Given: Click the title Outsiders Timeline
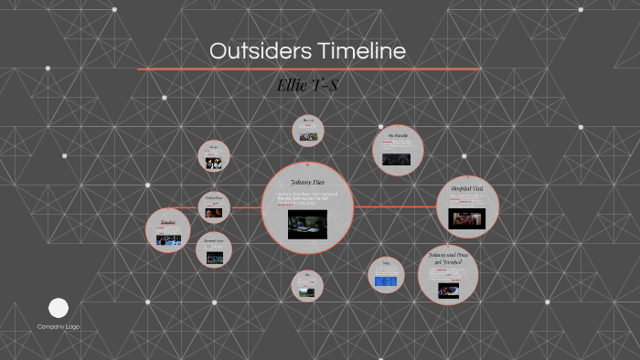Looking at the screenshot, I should pos(307,51).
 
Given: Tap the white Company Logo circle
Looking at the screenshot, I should pos(59,308).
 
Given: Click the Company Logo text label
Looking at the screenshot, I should pos(59,326).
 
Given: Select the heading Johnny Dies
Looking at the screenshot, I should pos(307,183).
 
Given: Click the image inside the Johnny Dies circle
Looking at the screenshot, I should pos(307,225).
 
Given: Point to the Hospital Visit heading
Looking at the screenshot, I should pos(467,187).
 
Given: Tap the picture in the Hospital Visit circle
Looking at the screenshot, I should pos(467,218).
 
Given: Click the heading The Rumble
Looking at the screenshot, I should pos(398,135).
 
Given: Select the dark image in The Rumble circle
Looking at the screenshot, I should pos(398,158).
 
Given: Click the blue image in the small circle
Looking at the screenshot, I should pos(387,281).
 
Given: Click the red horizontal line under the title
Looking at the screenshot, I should pos(307,69).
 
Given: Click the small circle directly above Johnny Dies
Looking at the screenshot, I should pos(307,131).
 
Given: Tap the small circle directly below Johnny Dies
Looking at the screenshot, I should pos(307,285).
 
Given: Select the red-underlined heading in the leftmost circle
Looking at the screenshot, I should pos(167,222).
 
